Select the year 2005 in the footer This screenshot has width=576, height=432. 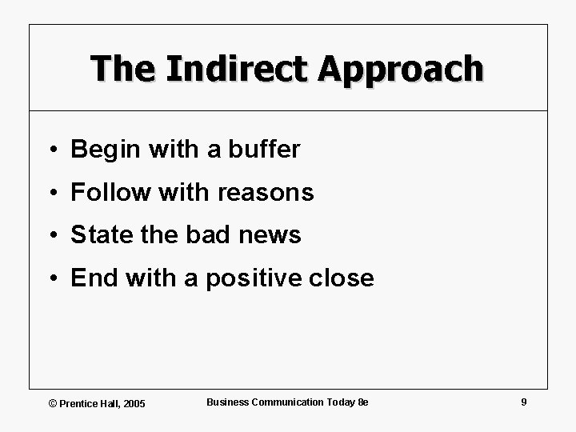pos(133,402)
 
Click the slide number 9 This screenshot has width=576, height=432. pos(523,402)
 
